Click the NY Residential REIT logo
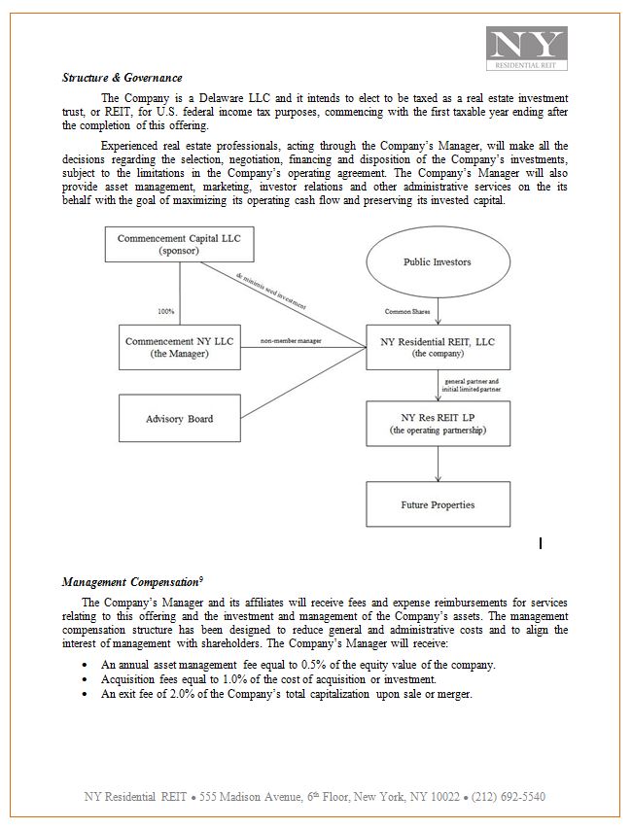click(x=527, y=49)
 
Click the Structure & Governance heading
click(x=122, y=78)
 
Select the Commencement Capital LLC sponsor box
click(x=179, y=244)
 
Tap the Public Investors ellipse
click(x=437, y=262)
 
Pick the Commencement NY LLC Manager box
click(x=180, y=348)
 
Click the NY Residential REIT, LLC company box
click(x=437, y=348)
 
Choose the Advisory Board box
click(x=180, y=419)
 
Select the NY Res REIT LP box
click(x=437, y=423)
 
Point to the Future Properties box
click(x=437, y=505)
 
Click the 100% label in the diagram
click(x=166, y=311)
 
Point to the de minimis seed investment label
click(x=271, y=291)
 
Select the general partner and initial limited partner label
click(x=472, y=386)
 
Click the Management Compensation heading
click(x=132, y=582)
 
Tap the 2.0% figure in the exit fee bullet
click(x=185, y=694)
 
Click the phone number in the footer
click(x=508, y=797)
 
